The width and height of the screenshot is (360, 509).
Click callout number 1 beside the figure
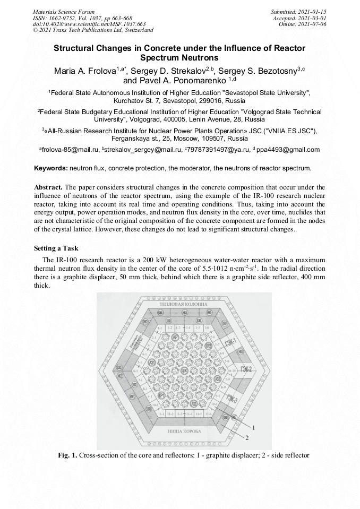click(254, 427)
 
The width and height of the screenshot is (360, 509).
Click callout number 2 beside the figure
click(246, 437)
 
